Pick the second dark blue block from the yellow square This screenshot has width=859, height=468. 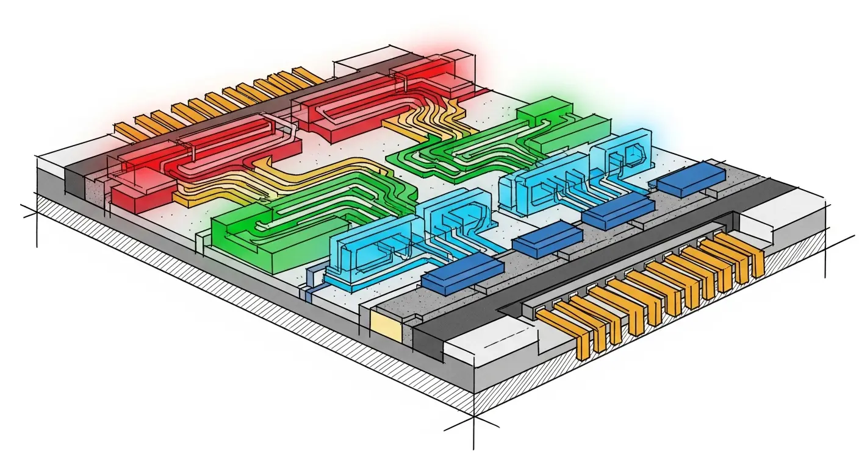pos(546,237)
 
